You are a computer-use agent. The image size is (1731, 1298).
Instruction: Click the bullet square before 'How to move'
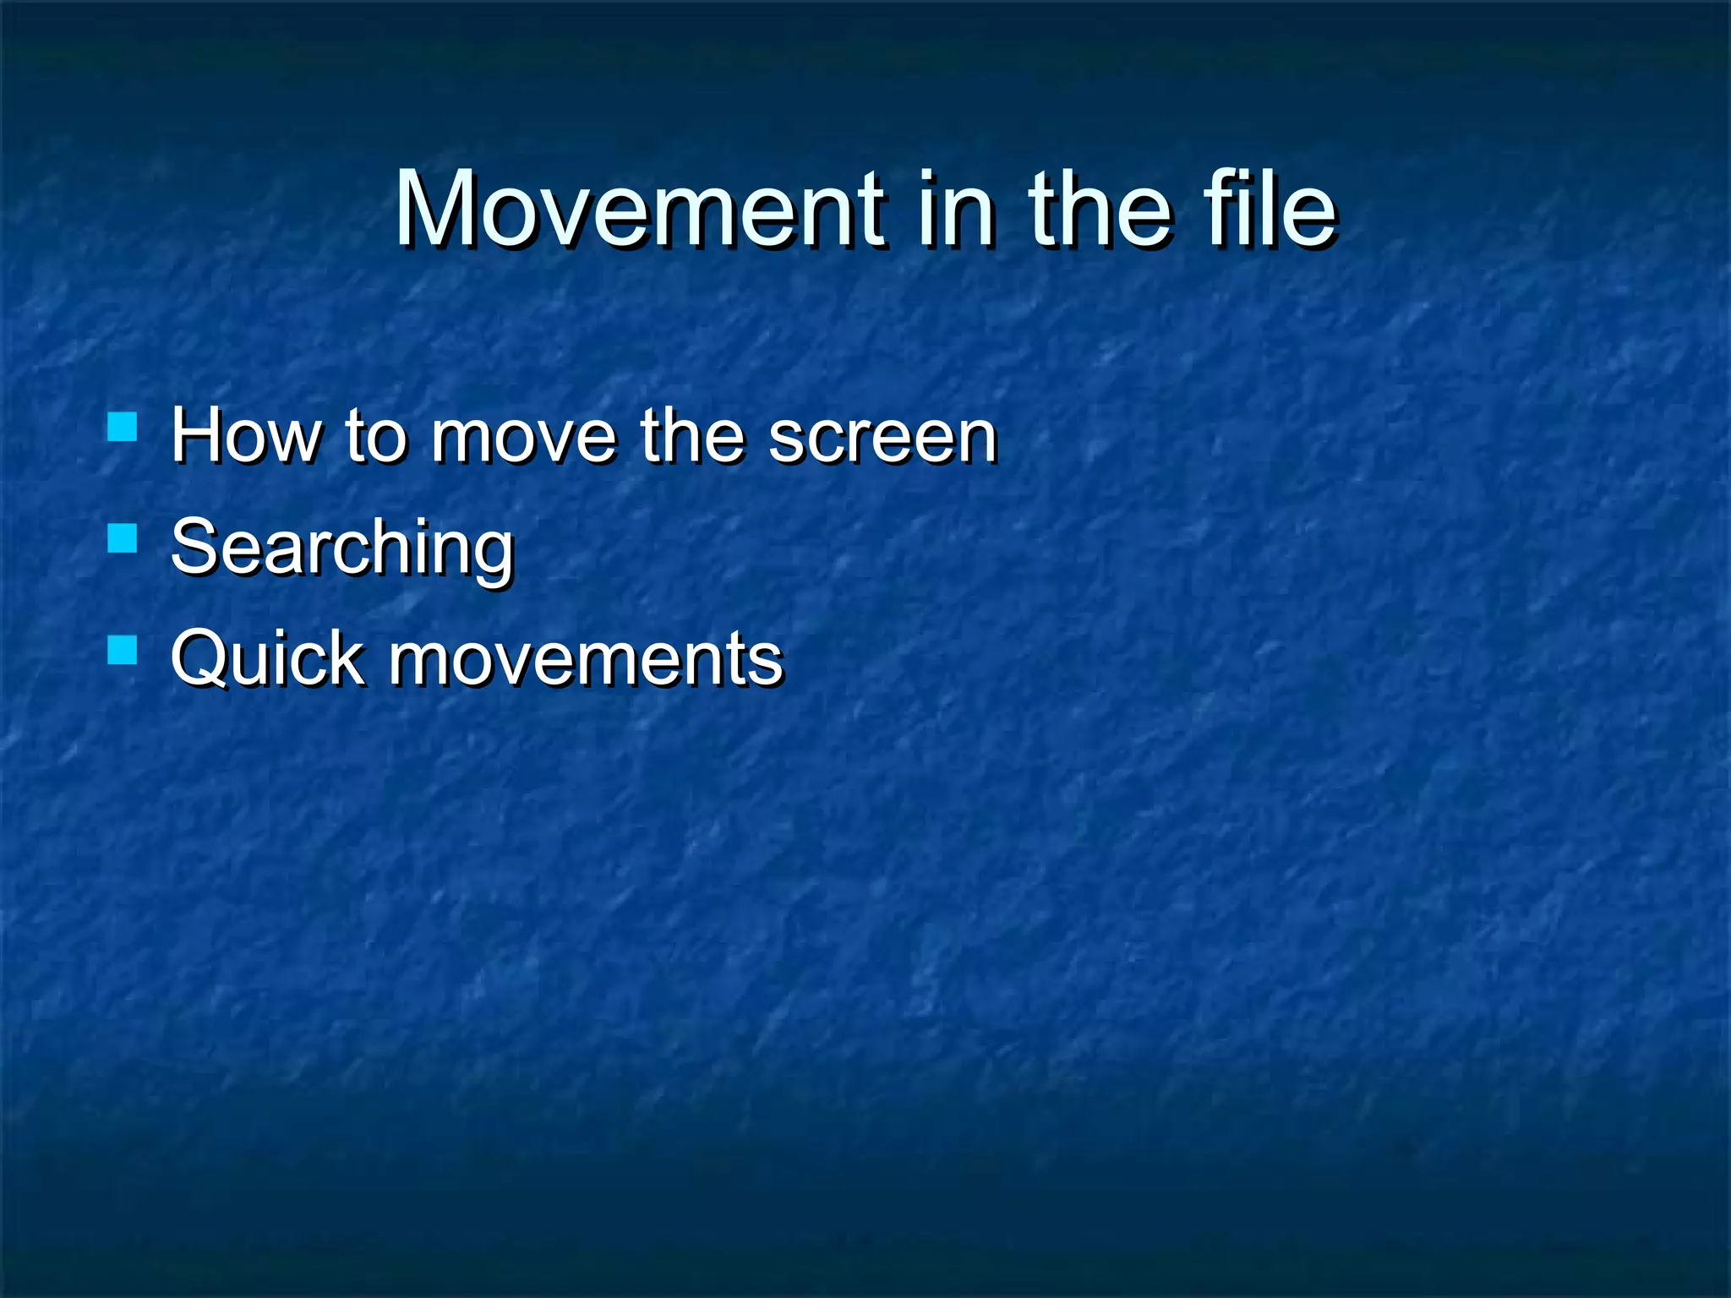123,427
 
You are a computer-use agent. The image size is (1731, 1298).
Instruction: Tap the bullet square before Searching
123,538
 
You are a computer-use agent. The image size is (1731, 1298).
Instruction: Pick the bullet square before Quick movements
123,650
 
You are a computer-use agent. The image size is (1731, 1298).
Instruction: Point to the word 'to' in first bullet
376,438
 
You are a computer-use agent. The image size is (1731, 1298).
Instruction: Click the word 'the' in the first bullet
692,436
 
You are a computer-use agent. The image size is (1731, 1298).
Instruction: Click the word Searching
342,548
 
